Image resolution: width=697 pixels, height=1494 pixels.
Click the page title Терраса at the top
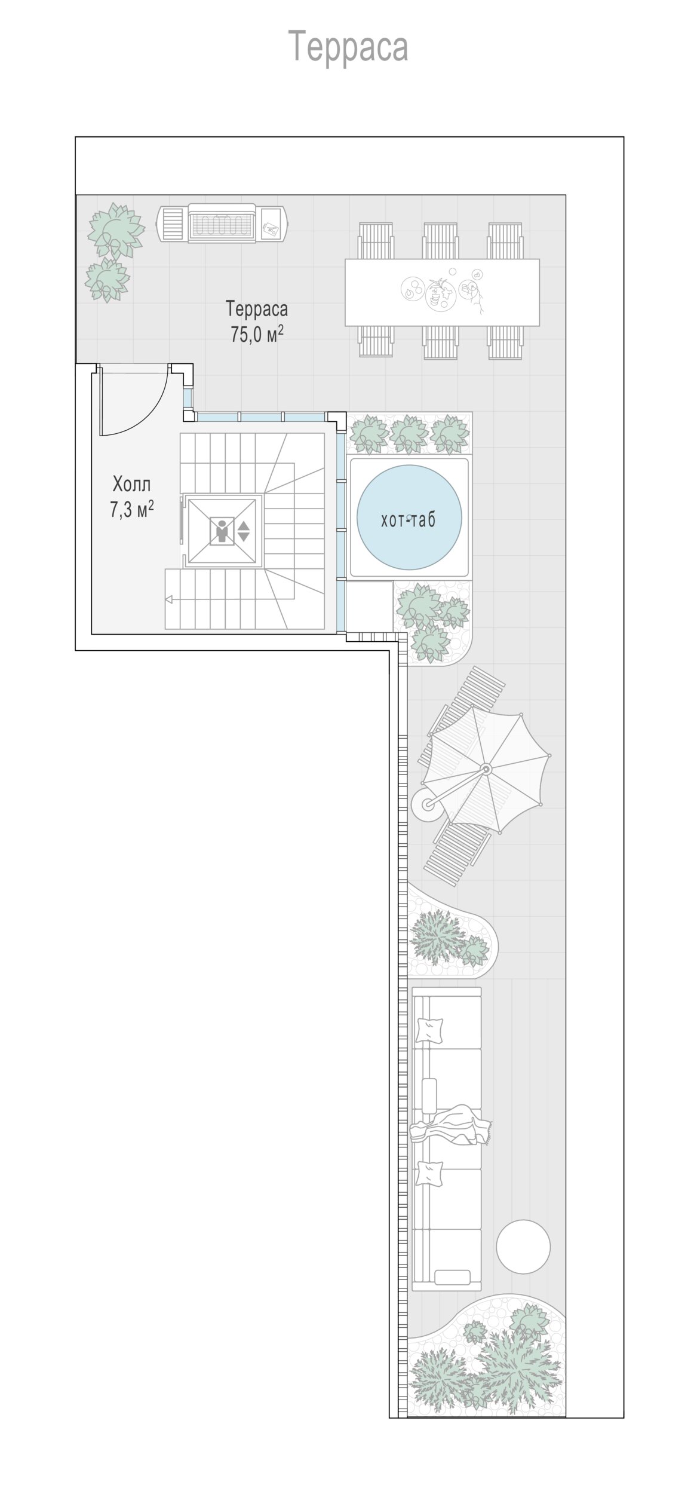click(348, 47)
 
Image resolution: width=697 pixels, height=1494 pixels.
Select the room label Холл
click(131, 483)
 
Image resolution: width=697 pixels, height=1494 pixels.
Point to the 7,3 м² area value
click(131, 510)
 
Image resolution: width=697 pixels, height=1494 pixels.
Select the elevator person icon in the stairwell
click(223, 531)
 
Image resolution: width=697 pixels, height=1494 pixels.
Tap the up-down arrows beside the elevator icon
click(244, 531)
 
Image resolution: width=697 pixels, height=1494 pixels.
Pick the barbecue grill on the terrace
click(222, 223)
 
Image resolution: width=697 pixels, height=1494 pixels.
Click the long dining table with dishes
click(442, 292)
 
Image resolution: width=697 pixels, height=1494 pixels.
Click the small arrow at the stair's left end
click(170, 599)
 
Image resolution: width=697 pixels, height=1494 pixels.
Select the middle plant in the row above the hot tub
click(409, 433)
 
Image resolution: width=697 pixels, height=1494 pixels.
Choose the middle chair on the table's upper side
click(441, 241)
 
